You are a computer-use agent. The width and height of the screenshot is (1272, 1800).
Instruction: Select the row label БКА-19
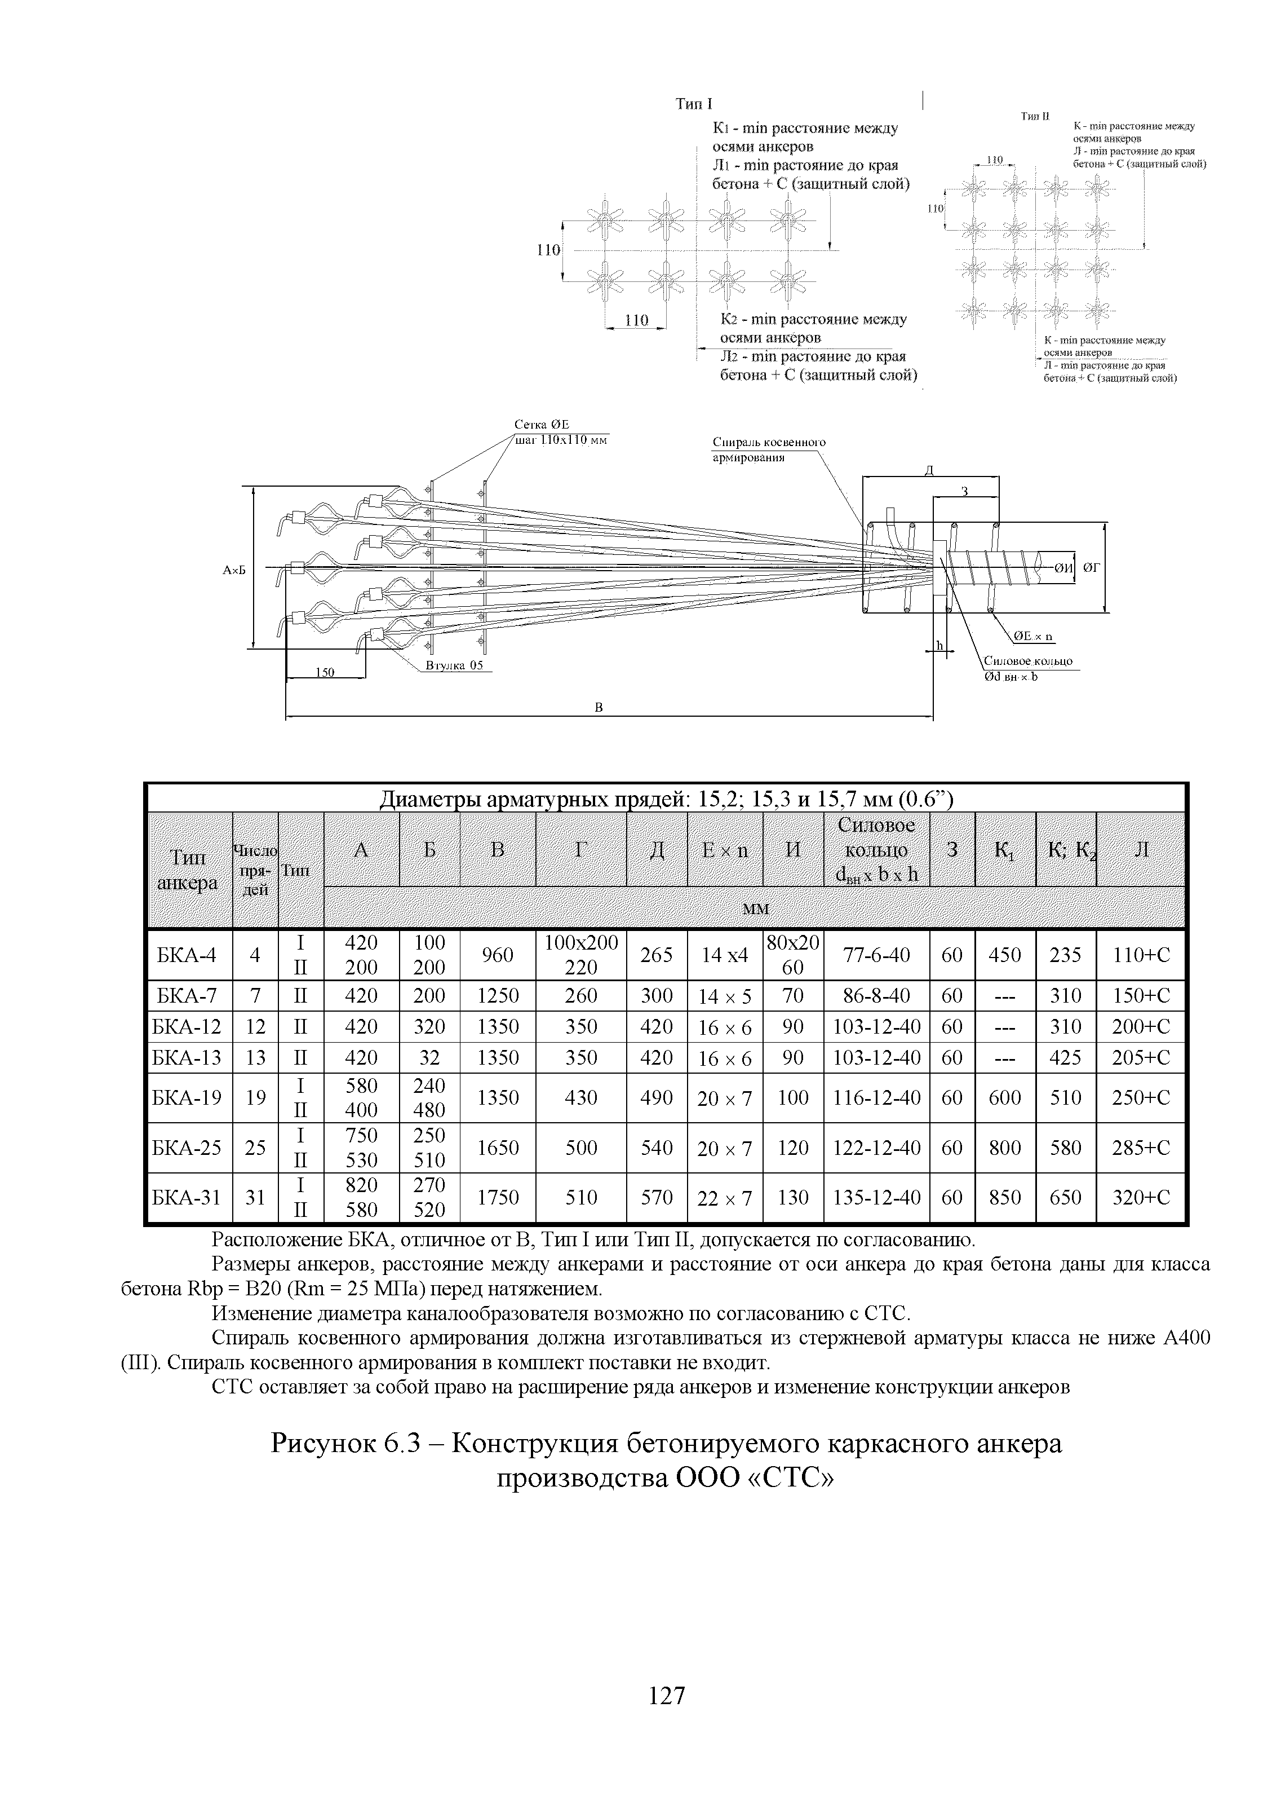click(x=189, y=1097)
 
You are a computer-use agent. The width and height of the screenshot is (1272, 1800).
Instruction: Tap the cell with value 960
click(x=498, y=955)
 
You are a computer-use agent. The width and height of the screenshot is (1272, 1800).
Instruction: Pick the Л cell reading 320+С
click(x=1140, y=1198)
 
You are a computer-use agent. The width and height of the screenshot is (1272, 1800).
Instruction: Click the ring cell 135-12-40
click(x=876, y=1198)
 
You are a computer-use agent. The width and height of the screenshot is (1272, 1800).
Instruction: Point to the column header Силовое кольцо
click(x=876, y=849)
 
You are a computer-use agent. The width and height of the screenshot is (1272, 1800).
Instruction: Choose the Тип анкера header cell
click(x=188, y=870)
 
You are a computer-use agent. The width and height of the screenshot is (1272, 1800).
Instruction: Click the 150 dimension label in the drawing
click(x=325, y=672)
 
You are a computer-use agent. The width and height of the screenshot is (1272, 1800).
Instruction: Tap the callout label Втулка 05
click(x=454, y=665)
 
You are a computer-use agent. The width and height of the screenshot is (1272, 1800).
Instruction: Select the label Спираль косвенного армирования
click(x=768, y=450)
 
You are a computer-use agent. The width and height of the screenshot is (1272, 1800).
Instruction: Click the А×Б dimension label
click(x=233, y=570)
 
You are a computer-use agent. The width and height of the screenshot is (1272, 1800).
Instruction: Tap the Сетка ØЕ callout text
click(x=542, y=425)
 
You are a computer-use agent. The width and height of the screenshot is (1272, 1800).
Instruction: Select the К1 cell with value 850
click(x=1005, y=1198)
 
